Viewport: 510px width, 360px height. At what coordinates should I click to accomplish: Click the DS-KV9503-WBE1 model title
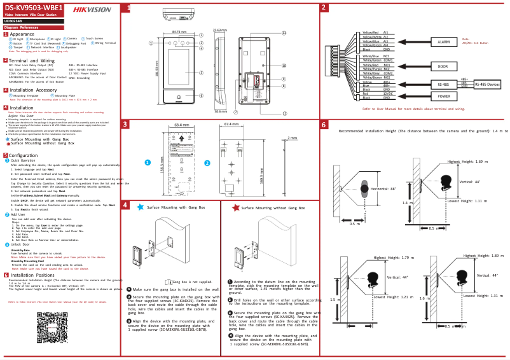(33, 8)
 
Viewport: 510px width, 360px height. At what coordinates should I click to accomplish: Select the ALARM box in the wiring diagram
(439, 42)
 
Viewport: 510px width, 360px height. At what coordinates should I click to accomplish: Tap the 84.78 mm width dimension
(179, 32)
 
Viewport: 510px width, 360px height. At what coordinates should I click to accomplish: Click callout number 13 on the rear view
(284, 32)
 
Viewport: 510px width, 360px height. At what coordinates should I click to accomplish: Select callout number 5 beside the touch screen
(201, 73)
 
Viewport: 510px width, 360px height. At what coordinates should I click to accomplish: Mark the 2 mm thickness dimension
(292, 137)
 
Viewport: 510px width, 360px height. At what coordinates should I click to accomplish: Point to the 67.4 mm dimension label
(232, 125)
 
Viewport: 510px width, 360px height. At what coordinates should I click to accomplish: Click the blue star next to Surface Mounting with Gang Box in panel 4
(140, 207)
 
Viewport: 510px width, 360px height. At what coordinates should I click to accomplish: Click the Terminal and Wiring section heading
(32, 60)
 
